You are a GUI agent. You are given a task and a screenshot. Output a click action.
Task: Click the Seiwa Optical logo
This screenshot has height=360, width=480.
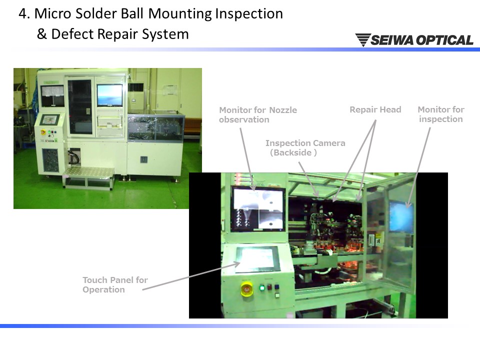coord(414,40)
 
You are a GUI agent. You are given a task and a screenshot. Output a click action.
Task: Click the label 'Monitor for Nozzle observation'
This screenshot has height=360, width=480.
coord(258,114)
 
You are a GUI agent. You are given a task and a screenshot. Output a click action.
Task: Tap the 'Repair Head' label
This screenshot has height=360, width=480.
coord(375,109)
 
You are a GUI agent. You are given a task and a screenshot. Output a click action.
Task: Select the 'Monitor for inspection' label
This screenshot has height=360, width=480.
coord(441,114)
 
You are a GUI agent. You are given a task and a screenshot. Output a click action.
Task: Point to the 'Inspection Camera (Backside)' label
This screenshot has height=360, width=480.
coord(305,147)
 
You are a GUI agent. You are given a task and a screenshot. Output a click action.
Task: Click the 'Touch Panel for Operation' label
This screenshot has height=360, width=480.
coord(115,284)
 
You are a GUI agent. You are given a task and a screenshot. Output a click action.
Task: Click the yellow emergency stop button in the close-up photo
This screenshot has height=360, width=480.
coord(246,289)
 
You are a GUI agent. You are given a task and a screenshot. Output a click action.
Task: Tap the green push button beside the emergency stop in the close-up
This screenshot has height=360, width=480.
coord(262,288)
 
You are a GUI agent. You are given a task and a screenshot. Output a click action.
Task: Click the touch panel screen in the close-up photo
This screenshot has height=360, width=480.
coord(258,258)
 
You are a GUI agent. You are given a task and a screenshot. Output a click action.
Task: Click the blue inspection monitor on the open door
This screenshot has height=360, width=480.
coord(401,216)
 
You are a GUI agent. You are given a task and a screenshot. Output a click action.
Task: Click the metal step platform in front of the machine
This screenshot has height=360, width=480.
coord(89,178)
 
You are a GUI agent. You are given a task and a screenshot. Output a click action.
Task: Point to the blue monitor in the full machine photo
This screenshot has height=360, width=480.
coord(109,95)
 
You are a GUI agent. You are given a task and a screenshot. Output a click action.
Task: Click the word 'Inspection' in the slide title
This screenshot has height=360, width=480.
coord(249,14)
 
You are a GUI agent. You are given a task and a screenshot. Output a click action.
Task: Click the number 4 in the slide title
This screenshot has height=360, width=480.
coord(22,14)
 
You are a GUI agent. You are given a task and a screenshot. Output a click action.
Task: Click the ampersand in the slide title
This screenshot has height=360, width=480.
coord(41,34)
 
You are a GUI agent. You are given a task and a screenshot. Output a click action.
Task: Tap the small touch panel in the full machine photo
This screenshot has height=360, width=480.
coord(49,119)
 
